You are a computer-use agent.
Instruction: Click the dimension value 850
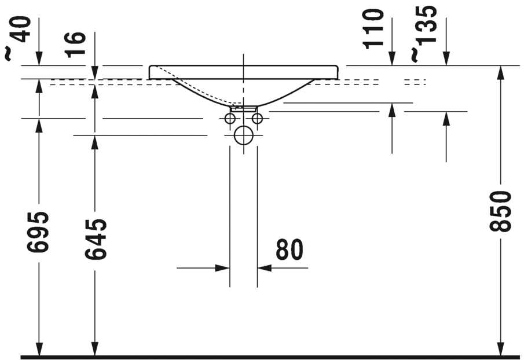click(x=501, y=211)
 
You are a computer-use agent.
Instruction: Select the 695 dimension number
click(x=38, y=232)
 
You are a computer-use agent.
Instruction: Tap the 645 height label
click(x=95, y=239)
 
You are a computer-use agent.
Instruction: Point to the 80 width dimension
click(x=290, y=249)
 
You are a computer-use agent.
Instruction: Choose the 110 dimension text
click(x=373, y=29)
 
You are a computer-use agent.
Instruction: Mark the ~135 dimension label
click(x=423, y=34)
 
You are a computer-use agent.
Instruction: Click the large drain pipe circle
click(x=244, y=135)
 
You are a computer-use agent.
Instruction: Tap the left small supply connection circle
click(x=230, y=118)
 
